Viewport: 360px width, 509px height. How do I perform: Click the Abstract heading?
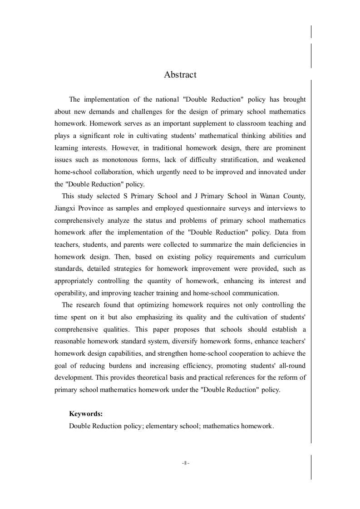coord(180,75)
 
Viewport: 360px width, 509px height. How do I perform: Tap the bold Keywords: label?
coord(86,414)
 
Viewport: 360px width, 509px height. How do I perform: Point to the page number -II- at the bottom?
coord(186,463)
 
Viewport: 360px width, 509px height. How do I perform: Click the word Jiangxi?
coord(65,208)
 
